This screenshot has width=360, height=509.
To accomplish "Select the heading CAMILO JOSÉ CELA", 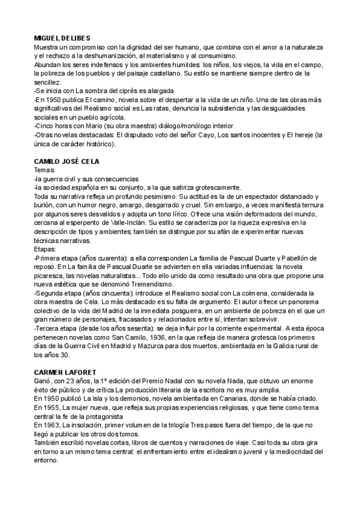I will (66, 162).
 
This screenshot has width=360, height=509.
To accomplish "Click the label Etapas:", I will (46, 247).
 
